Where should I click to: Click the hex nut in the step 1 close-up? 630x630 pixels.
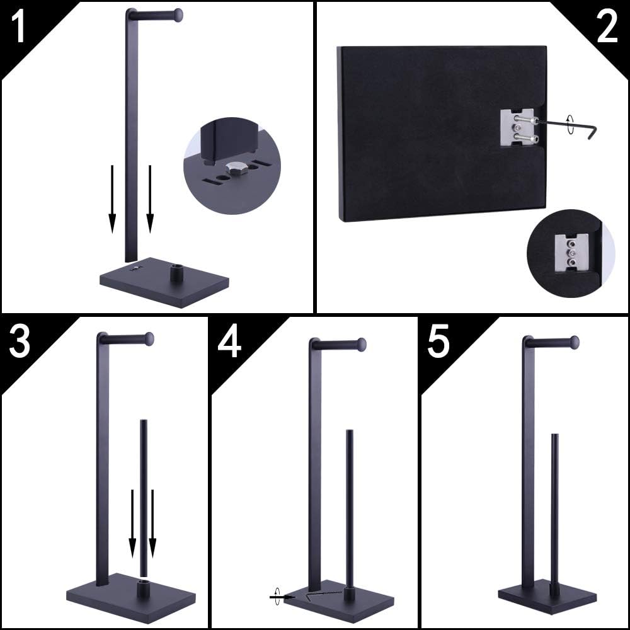click(234, 168)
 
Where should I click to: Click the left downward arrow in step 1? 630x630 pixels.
click(112, 198)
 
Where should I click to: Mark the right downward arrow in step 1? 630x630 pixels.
click(150, 198)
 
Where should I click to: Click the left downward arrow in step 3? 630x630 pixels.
click(132, 523)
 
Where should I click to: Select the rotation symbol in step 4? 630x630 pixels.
click(275, 595)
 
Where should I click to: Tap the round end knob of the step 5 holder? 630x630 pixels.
click(574, 343)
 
